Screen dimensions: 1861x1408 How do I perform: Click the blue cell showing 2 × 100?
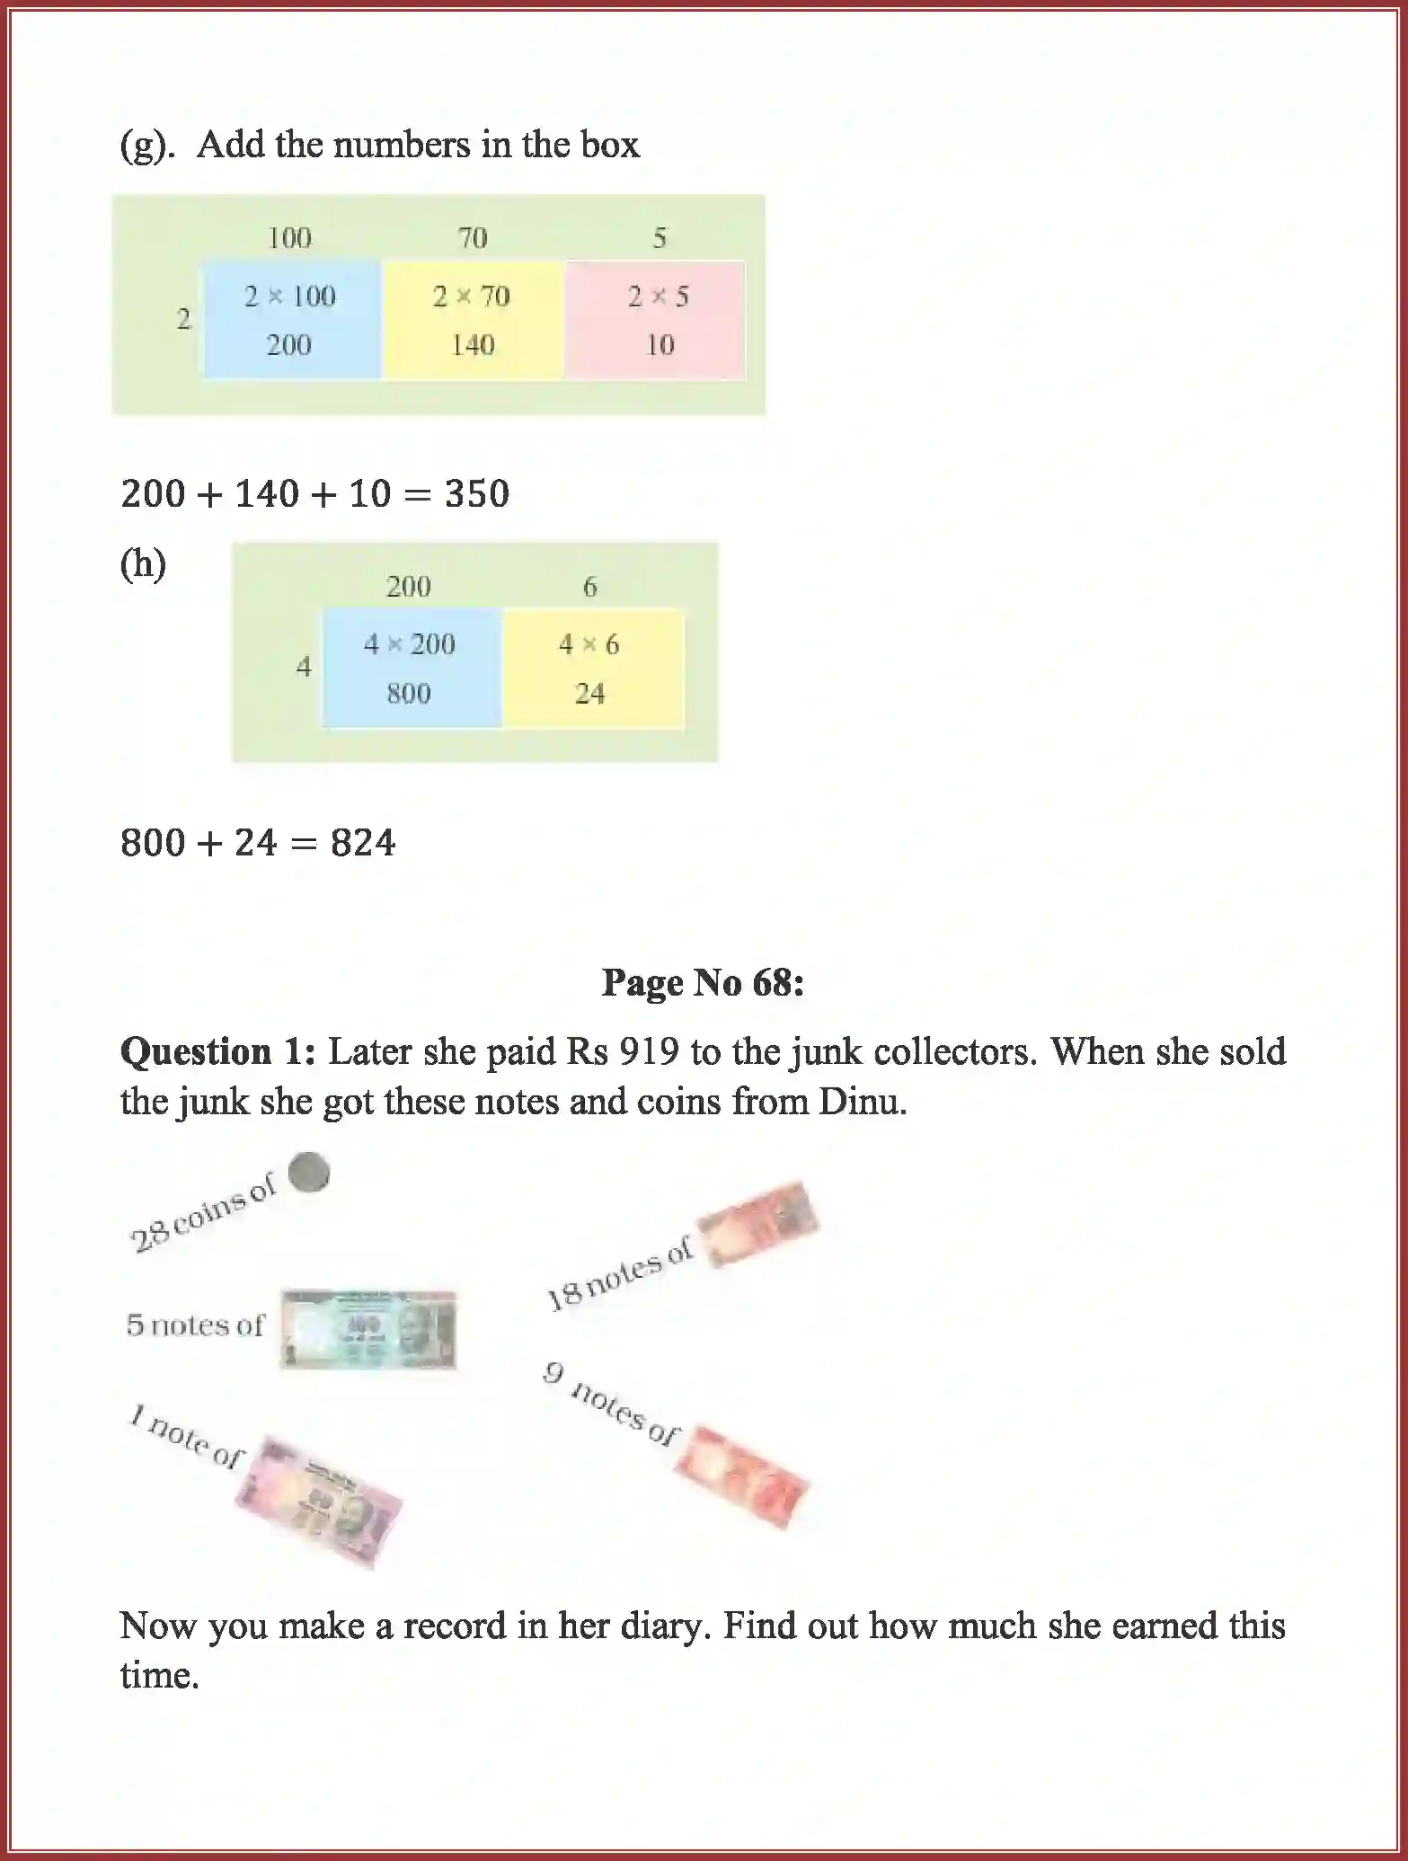coord(290,319)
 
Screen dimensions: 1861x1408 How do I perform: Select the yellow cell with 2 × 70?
coord(472,319)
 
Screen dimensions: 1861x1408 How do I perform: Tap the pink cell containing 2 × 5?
coord(658,319)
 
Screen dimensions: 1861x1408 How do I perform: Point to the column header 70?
coord(473,238)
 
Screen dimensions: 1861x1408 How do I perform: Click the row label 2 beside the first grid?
coord(184,319)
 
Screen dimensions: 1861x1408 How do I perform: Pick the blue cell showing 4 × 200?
coord(411,668)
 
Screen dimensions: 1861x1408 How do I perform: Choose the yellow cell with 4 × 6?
coord(590,668)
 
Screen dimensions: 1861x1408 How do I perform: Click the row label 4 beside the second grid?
coord(304,667)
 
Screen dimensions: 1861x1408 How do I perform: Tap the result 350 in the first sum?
coord(477,494)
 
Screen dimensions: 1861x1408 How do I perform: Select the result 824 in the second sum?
coord(362,843)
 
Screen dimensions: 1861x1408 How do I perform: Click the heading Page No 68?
coord(703,982)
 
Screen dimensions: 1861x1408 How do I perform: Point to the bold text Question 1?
coord(217,1051)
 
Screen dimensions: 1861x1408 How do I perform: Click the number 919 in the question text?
coord(648,1051)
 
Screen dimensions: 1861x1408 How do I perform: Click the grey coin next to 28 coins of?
coord(308,1173)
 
